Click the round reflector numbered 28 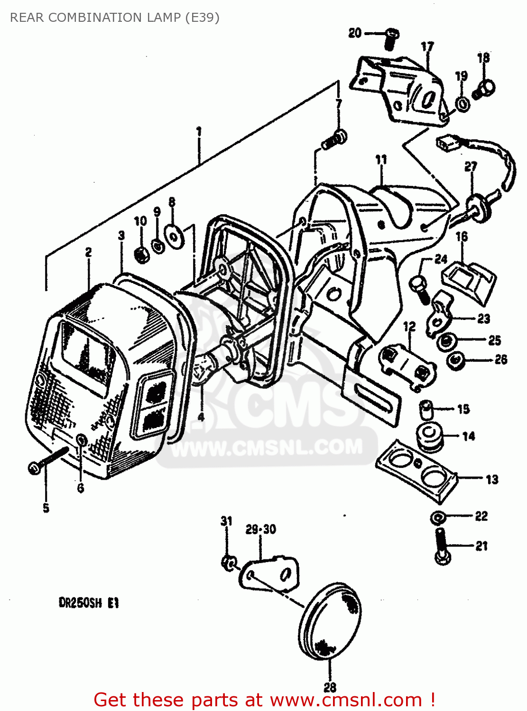coord(330,621)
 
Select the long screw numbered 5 coord(47,460)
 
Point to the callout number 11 coord(381,160)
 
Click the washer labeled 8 coord(174,235)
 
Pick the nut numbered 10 coord(141,255)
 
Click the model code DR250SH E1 coord(88,603)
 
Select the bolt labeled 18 coord(484,89)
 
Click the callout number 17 coord(427,46)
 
